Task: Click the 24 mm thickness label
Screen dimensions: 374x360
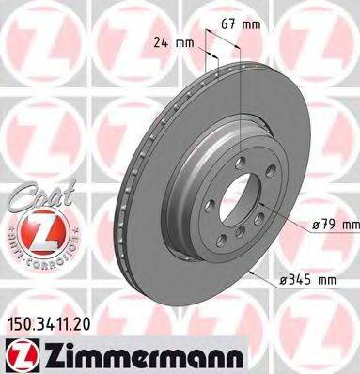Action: pos(176,41)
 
